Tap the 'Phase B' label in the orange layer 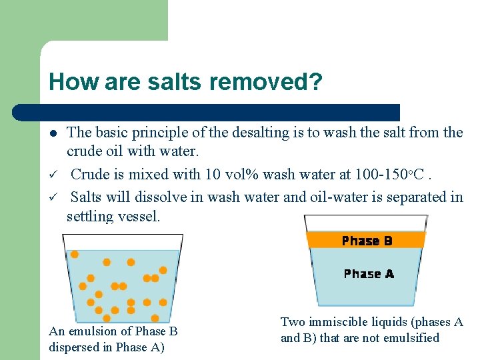pos(367,241)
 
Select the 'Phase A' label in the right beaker pos(369,274)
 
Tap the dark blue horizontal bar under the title pos(220,112)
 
